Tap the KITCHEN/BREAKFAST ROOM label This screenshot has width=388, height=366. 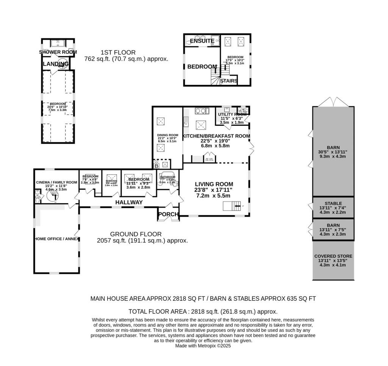point(216,136)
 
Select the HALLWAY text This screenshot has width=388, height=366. point(129,202)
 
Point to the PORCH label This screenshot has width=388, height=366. point(169,214)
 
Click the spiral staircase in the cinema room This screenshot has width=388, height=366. point(53,196)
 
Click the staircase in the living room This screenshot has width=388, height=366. point(232,206)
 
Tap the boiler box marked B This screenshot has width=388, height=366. point(156,166)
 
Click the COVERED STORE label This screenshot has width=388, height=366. point(333,256)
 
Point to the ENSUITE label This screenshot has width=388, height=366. point(202,41)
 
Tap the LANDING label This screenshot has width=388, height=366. point(55,64)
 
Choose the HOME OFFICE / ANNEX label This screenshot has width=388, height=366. point(56,239)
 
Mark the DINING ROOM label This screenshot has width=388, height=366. point(167,135)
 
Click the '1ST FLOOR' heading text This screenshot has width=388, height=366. point(118,52)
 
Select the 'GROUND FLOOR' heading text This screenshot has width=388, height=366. point(136,234)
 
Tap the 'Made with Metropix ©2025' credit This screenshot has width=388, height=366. point(203,346)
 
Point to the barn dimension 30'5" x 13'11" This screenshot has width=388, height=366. point(333,152)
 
